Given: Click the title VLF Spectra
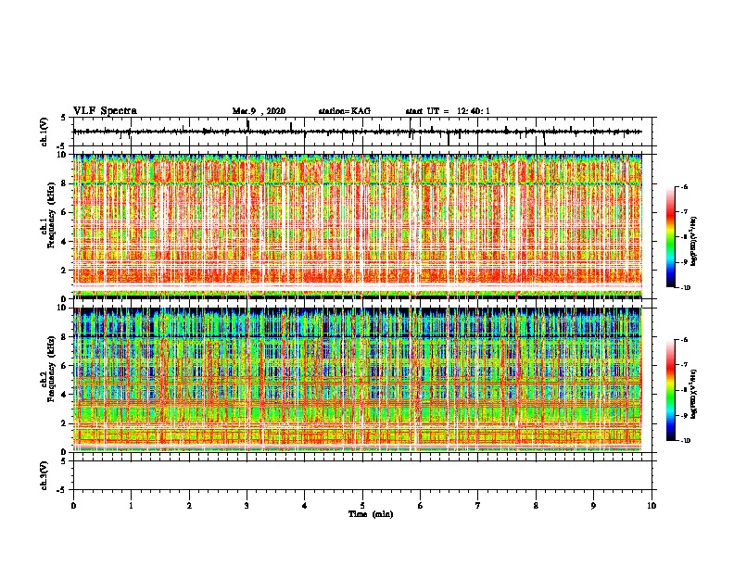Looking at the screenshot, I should coord(105,110).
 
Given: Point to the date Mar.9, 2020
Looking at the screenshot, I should coord(259,111).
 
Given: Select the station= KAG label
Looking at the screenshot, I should coord(344,111).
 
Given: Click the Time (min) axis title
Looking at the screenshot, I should coord(370,513).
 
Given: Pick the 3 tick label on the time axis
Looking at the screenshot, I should coord(247,505).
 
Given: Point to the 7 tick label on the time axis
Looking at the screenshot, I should coord(478,505).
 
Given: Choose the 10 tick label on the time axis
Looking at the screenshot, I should coord(652,505).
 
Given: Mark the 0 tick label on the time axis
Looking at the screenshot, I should coord(73,505).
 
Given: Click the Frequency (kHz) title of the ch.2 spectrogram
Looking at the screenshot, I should coord(51,379).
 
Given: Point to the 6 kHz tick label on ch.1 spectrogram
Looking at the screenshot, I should coord(62,212).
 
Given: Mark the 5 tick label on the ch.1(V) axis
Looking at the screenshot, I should coord(63,118).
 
